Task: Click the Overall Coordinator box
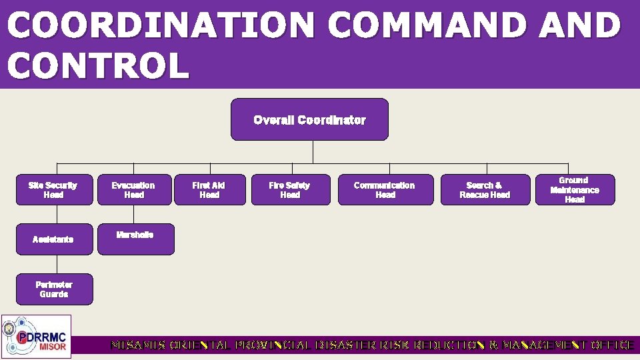pos(309,120)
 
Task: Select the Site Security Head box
pos(54,190)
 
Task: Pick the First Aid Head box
pos(209,190)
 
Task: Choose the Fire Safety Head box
pos(290,190)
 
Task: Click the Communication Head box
pos(385,190)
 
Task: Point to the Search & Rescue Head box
pos(485,190)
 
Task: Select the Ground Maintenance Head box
pos(575,190)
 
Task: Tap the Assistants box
pos(54,239)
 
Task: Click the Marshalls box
pos(135,239)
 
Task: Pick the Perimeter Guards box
pos(54,289)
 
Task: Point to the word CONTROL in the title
pos(98,67)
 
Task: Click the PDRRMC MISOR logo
pos(36,337)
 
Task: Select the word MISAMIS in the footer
pos(138,345)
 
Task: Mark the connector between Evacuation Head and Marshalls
pos(134,214)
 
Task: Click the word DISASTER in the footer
pos(339,345)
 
